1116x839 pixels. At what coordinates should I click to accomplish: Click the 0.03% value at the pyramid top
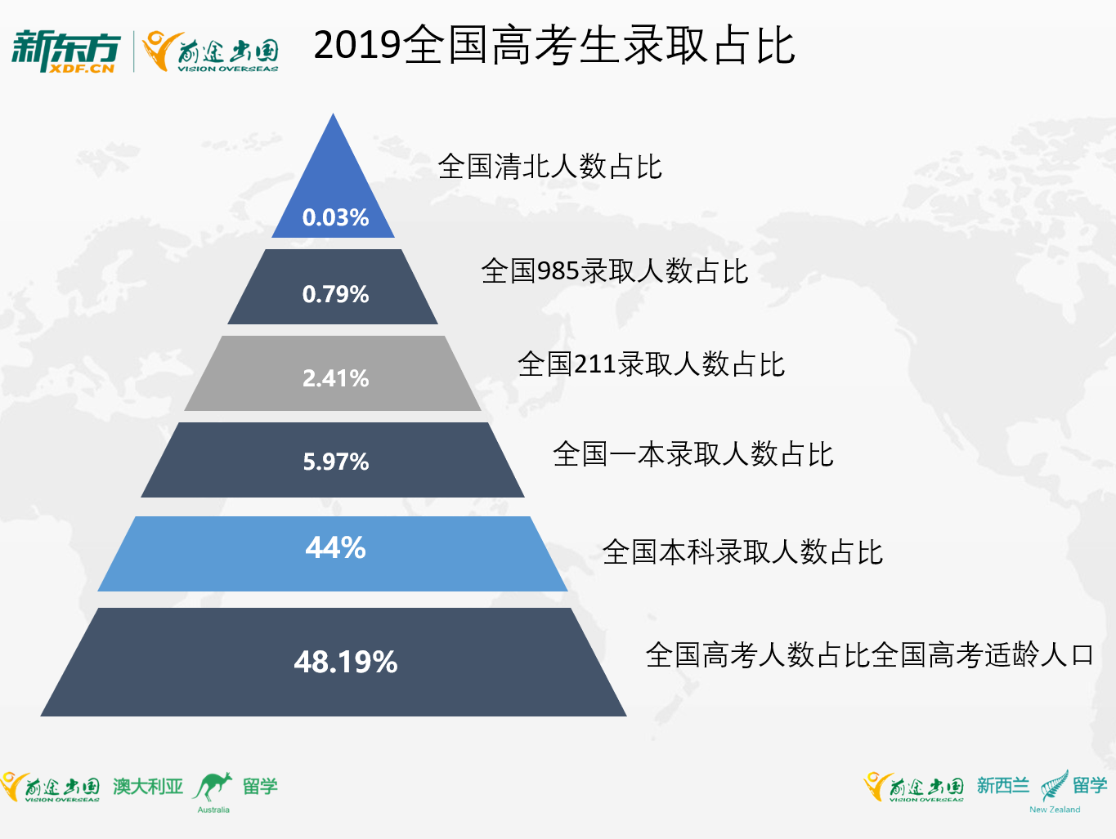(335, 217)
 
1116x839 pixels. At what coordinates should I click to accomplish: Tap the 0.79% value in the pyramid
(335, 294)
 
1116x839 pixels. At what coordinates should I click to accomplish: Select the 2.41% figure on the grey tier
(335, 378)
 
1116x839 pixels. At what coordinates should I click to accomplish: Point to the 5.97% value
(335, 462)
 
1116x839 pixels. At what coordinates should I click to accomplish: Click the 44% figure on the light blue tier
(335, 547)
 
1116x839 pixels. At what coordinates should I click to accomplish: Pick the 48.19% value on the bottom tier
(346, 662)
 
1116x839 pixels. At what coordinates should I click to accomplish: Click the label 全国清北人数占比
(549, 167)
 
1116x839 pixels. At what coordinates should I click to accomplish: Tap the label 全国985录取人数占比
(615, 270)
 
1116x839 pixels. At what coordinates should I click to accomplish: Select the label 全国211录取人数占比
(652, 364)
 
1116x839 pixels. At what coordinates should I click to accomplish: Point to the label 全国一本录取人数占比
(693, 453)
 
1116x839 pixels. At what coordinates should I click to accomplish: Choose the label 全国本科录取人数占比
(742, 552)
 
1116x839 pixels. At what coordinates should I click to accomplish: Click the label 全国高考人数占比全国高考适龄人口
(869, 654)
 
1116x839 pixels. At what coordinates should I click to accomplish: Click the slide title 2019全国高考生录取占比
(554, 46)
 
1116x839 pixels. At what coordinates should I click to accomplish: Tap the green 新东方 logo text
(66, 47)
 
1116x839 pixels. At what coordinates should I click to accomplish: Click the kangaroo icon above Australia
(213, 786)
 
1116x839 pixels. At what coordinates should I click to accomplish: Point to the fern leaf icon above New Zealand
(1055, 786)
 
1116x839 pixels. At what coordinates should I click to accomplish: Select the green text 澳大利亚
(148, 786)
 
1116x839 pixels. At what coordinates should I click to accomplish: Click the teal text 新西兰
(1002, 786)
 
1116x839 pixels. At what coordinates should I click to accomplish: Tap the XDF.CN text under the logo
(81, 68)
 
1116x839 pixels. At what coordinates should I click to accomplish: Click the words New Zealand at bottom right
(1055, 810)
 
